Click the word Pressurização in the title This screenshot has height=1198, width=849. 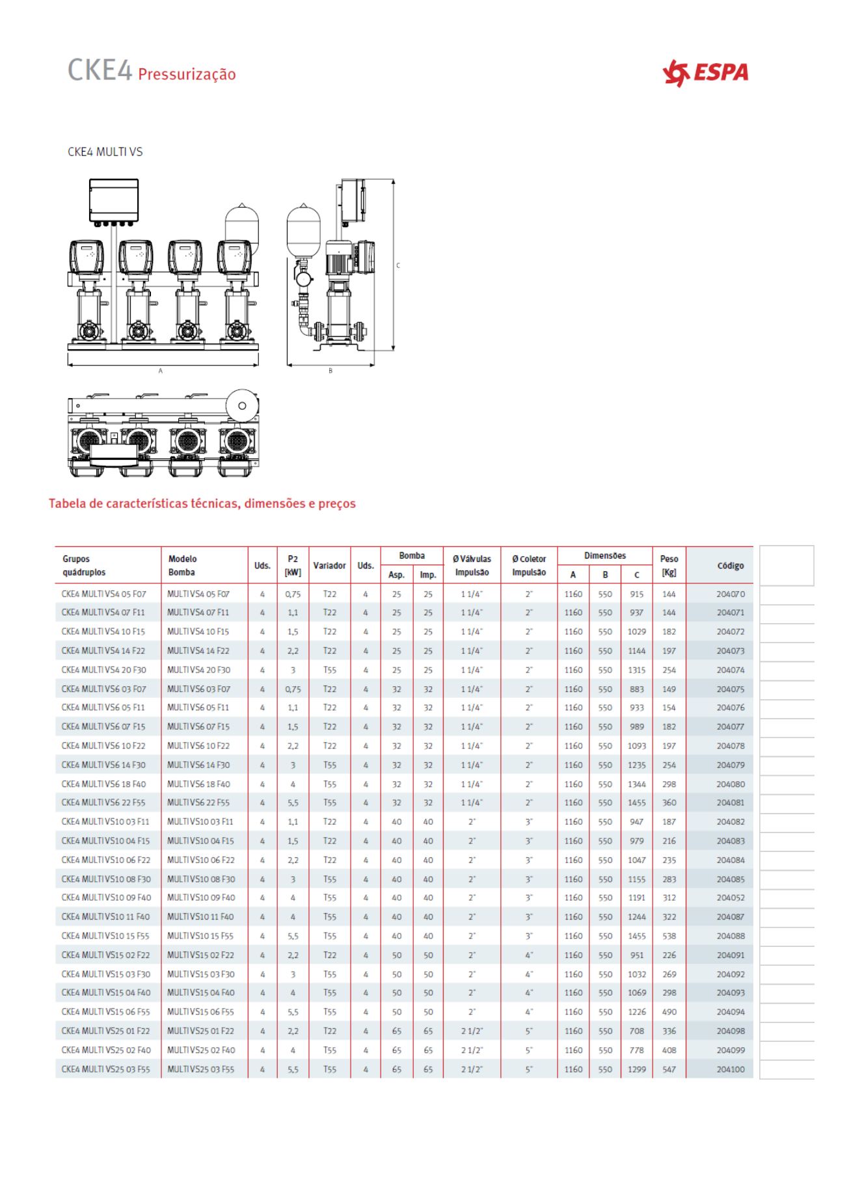point(187,74)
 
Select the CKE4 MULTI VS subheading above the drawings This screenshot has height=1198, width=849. point(105,152)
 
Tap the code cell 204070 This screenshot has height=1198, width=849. point(731,594)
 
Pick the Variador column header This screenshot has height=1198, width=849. point(329,566)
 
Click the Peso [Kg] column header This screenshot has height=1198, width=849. point(669,565)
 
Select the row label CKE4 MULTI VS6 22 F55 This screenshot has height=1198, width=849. point(103,803)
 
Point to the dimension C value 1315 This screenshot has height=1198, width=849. point(636,670)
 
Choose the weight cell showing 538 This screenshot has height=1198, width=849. point(669,936)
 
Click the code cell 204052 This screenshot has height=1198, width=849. point(731,898)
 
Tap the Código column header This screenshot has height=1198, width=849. point(730,566)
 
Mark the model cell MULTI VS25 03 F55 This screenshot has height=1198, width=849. point(200,1069)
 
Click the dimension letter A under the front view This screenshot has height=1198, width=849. point(161,371)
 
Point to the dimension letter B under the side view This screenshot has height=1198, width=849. point(330,371)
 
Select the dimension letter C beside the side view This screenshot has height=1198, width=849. point(398,265)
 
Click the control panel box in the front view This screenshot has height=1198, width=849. point(114,200)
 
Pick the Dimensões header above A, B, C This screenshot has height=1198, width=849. point(604,556)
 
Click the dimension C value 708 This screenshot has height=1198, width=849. point(636,1031)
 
